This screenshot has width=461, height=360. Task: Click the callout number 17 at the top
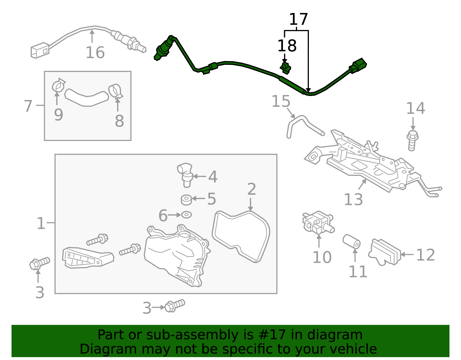[x=298, y=20]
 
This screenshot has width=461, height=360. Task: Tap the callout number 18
[x=287, y=46]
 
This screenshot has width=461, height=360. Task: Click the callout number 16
[x=95, y=53]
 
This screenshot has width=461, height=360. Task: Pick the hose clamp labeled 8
[x=115, y=91]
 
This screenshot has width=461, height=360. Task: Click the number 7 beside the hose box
[x=28, y=106]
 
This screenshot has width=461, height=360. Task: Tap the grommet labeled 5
[x=186, y=199]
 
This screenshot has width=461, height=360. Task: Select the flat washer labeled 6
[x=186, y=215]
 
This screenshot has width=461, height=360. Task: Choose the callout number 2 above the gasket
[x=252, y=189]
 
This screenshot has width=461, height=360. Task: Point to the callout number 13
[x=353, y=199]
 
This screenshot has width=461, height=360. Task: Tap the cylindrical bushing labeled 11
[x=352, y=242]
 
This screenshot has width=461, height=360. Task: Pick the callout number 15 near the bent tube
[x=281, y=101]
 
